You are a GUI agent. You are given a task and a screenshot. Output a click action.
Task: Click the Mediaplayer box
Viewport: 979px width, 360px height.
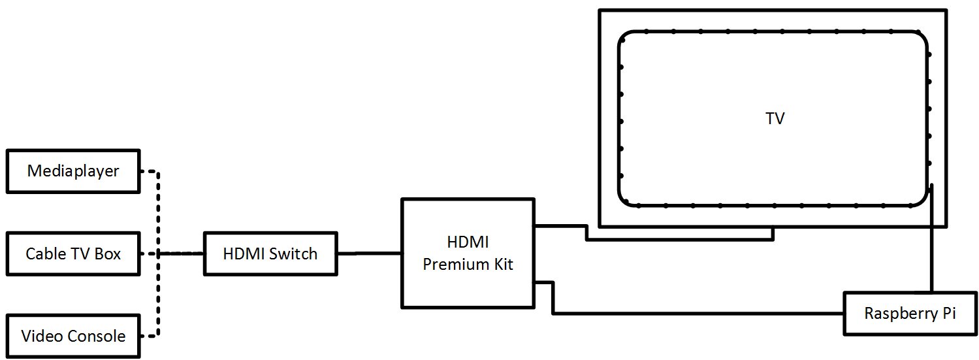point(72,171)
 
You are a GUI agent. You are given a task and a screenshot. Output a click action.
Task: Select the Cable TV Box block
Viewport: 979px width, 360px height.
point(72,254)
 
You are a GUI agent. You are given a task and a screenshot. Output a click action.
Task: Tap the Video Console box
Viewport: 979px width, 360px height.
point(72,336)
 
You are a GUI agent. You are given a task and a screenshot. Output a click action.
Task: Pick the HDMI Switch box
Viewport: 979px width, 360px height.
point(270,254)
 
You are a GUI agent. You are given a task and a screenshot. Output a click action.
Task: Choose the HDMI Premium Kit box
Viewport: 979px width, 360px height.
point(468,253)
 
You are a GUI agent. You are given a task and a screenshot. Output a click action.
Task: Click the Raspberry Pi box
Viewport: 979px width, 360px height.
point(910,314)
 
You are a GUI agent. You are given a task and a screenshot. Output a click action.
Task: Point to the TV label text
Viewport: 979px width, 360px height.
point(775,119)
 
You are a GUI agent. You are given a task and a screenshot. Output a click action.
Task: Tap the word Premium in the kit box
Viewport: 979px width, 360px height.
point(451,265)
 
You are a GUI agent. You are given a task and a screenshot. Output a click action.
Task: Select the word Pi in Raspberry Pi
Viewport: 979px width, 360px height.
point(948,314)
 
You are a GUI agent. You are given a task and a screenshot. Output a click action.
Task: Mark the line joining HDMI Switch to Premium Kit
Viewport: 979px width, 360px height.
point(369,253)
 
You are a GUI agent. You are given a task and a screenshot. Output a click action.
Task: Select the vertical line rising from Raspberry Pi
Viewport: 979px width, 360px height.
point(931,248)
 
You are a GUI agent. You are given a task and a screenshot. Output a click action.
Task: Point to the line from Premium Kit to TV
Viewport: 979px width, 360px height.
point(679,239)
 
